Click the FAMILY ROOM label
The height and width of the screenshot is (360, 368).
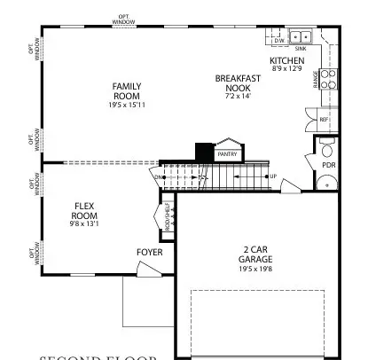[x=127, y=91]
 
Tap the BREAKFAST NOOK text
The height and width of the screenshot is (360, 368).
[x=238, y=83]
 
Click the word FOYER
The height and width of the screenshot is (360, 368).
[x=149, y=253]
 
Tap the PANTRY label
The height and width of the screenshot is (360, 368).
[x=229, y=153]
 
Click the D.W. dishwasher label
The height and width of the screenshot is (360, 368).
[x=278, y=41]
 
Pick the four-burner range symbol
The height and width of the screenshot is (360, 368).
[x=328, y=80]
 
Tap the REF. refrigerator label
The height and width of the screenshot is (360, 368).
[x=323, y=118]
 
